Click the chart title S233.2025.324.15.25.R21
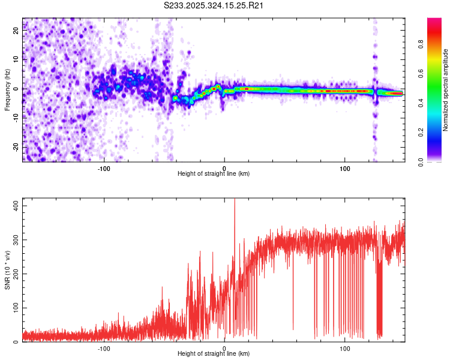214,5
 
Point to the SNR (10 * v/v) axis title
7,270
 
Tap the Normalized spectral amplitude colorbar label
446,90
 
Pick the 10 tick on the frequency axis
16,60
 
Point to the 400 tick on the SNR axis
16,205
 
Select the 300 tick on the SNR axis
16,239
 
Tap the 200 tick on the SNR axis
16,274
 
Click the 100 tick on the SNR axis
16,308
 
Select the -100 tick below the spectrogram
104,169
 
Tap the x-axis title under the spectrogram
214,174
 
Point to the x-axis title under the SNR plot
214,354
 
